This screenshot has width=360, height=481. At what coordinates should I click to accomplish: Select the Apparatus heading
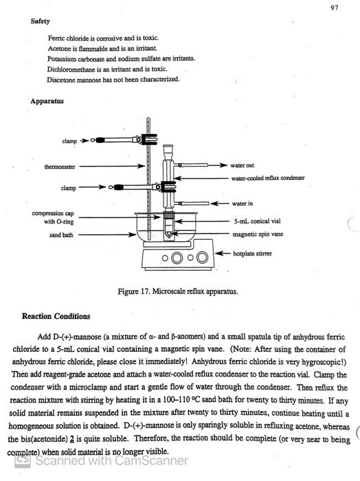pyautogui.click(x=47, y=101)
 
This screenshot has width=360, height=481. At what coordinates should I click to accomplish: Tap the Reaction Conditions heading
pyautogui.click(x=56, y=317)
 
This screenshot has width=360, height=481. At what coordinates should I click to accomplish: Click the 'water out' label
pyautogui.click(x=243, y=166)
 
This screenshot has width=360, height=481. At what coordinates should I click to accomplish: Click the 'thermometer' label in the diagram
pyautogui.click(x=60, y=166)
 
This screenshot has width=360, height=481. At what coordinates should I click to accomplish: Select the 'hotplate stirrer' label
pyautogui.click(x=254, y=254)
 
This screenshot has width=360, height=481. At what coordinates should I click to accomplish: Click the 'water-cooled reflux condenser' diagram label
pyautogui.click(x=268, y=178)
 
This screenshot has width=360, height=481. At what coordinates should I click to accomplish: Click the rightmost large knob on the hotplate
pyautogui.click(x=202, y=258)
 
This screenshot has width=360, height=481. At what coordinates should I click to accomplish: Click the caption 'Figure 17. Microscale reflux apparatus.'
pyautogui.click(x=178, y=291)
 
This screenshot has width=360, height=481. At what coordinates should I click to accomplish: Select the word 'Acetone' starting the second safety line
pyautogui.click(x=60, y=48)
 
